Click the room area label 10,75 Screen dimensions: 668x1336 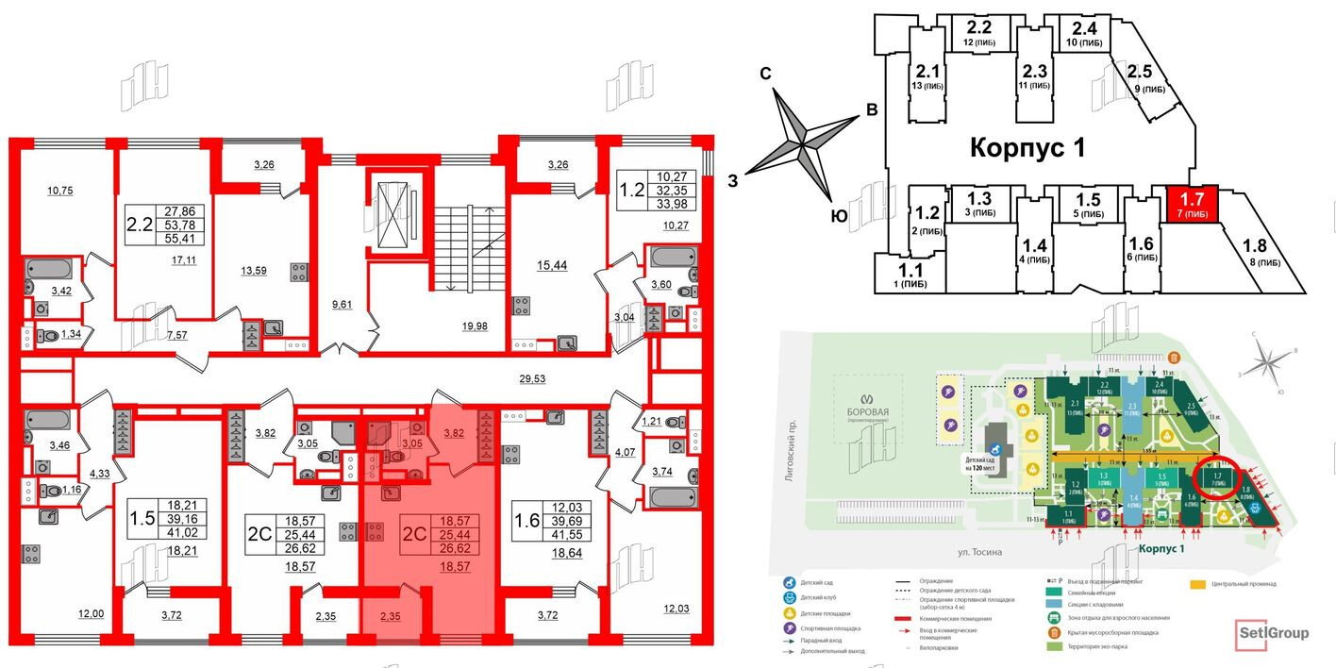(x=60, y=191)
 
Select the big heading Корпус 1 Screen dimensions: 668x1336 (x=1027, y=148)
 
